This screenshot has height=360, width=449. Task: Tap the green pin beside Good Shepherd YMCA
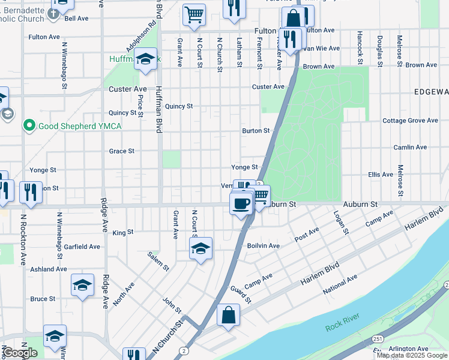point(28,126)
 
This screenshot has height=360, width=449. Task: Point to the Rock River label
point(341,327)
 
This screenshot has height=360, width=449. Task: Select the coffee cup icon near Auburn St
point(241,204)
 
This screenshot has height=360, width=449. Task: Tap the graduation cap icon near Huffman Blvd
point(145,60)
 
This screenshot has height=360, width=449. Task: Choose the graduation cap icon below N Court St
point(201,248)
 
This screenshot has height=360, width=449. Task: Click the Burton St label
point(256,130)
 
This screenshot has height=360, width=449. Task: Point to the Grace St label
point(122,151)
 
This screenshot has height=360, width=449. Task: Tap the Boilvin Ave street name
point(264,245)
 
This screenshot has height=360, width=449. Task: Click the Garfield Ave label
point(82,247)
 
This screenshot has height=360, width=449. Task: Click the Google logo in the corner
point(20,353)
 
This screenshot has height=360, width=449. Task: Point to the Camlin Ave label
point(410,147)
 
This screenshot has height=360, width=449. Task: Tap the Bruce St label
point(43,299)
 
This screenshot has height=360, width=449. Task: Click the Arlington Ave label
point(408,349)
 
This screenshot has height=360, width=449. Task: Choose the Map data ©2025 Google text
point(412,355)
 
